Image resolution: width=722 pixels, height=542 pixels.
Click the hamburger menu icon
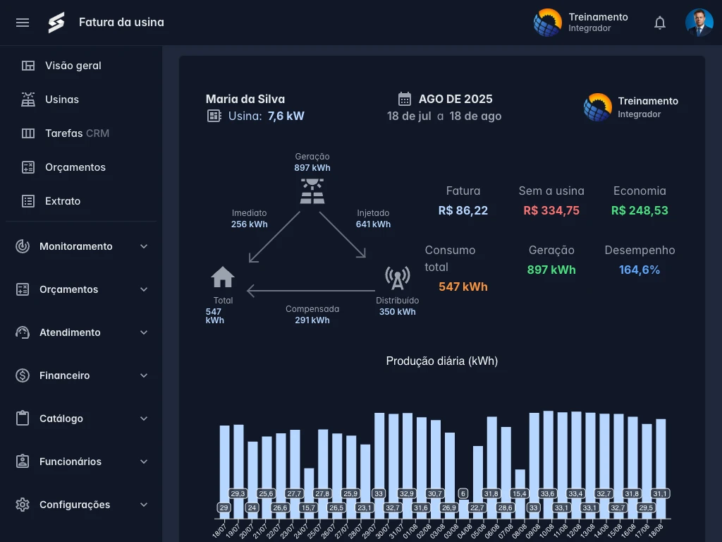23,23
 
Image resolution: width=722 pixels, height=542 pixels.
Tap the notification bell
660,23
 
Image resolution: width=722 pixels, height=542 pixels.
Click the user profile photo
699,23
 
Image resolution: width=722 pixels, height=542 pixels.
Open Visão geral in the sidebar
73,66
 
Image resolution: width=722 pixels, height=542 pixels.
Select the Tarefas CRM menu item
77,133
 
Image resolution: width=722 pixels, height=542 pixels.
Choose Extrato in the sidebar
63,201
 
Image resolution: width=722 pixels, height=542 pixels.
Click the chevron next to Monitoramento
144,246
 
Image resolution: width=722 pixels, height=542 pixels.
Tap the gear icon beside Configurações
23,505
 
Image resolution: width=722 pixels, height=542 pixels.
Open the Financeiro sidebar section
64,375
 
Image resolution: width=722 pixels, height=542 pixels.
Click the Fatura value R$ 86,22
463,210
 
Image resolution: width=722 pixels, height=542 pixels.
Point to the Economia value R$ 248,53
640,210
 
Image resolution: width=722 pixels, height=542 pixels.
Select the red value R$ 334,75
551,210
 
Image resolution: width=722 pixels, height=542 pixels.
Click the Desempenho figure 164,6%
639,270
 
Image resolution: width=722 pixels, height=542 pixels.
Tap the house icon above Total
223,277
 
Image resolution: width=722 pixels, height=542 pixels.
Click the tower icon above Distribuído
398,278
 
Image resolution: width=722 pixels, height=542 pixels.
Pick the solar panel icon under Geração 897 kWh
312,191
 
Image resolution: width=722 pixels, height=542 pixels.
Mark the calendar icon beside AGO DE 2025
405,99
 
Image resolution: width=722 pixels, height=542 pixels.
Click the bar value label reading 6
463,493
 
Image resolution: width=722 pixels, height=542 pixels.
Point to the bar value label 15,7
308,508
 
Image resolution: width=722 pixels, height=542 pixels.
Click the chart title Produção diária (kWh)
442,361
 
